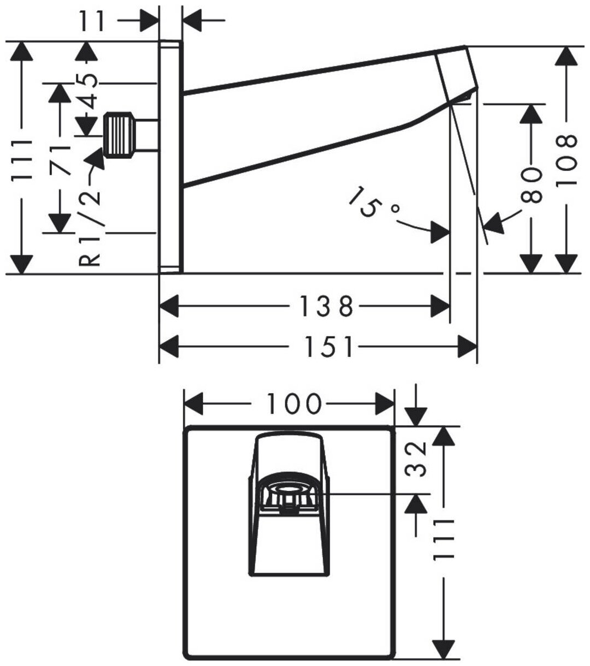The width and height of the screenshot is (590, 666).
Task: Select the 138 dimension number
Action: pyautogui.click(x=327, y=306)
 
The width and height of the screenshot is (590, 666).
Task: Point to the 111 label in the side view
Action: pyautogui.click(x=22, y=161)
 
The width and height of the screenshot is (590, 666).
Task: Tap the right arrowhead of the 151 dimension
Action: pyautogui.click(x=468, y=347)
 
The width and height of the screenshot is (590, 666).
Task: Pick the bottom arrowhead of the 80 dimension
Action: pyautogui.click(x=530, y=263)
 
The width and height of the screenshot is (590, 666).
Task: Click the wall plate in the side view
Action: pyautogui.click(x=170, y=158)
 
